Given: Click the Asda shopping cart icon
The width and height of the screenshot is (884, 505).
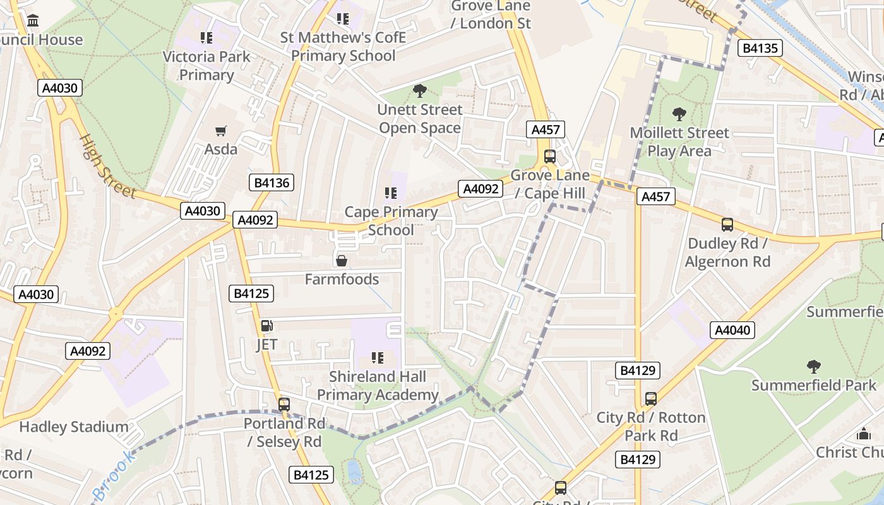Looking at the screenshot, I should coord(220,131).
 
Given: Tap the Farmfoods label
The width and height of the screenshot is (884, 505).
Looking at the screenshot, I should coord(342,279).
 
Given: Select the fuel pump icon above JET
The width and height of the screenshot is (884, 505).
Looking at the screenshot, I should coord(266,326).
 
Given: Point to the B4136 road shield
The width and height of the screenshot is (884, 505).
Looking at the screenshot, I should coord(272,183).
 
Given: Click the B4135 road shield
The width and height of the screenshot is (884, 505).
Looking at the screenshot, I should coord(761,48).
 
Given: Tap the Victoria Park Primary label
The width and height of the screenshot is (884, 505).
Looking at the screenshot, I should coord(206,66).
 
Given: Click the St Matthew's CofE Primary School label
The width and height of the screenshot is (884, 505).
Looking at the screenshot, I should coord(343,47).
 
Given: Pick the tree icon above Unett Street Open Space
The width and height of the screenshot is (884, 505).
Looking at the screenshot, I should coord(419,92).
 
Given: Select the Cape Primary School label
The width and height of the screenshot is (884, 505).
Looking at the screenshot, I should coord(391,221).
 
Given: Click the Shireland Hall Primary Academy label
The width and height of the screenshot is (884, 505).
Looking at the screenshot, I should coord(378,386).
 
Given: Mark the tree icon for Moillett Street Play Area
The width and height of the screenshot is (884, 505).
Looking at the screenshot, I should coord(679,114).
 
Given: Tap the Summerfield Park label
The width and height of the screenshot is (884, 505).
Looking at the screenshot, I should coord(814,385).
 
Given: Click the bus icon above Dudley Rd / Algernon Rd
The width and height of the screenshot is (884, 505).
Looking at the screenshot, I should coord(727,225).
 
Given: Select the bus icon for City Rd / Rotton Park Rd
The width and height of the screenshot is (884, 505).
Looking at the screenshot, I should coord(651,399).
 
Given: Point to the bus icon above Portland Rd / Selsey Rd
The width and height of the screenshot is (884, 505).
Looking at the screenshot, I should coord(284,405).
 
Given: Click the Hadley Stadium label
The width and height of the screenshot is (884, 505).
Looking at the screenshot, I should coord(74,427).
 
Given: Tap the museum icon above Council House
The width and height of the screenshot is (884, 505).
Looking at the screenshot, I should coord(33,21).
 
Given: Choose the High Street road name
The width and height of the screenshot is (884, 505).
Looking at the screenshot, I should coord(107,165).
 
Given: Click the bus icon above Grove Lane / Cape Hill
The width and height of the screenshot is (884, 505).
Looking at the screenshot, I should coord(550,157).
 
